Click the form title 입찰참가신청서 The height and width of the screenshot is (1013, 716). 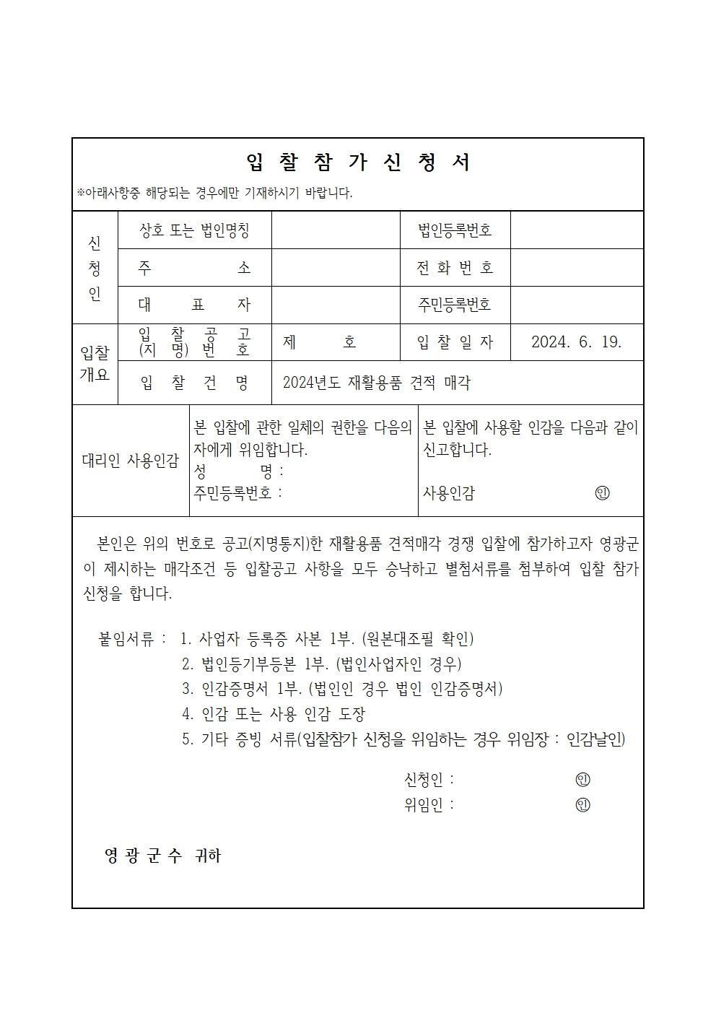tap(358, 162)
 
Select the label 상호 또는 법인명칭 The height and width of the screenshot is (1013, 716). tap(194, 230)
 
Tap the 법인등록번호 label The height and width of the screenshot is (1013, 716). tap(455, 230)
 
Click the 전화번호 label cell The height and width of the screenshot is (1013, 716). tap(455, 268)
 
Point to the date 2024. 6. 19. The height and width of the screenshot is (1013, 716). tap(576, 342)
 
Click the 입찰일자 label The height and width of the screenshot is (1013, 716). tap(455, 342)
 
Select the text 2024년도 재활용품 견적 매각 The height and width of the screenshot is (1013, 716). tap(376, 383)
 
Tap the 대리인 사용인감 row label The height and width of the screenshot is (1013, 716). tap(130, 461)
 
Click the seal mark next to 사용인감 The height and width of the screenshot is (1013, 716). tap(602, 493)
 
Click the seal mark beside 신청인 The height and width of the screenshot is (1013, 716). tap(582, 780)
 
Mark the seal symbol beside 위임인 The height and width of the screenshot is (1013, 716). tap(582, 804)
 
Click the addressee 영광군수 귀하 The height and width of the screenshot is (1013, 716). tap(163, 856)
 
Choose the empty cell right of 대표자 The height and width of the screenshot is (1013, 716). tap(336, 305)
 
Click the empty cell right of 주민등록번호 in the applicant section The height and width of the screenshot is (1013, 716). tap(576, 305)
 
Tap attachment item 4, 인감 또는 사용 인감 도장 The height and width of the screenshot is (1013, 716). tap(274, 714)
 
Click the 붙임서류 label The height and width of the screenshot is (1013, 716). tap(132, 639)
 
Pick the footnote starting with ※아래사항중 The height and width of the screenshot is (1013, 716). tap(215, 194)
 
